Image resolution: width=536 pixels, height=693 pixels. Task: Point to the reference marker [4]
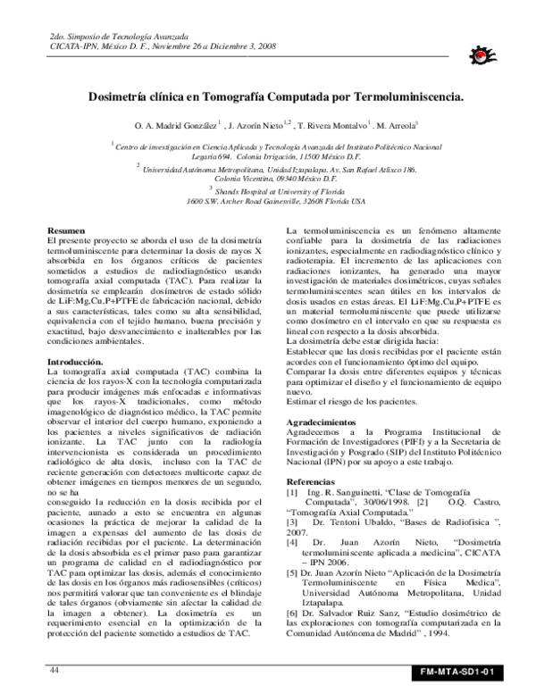click(291, 542)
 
